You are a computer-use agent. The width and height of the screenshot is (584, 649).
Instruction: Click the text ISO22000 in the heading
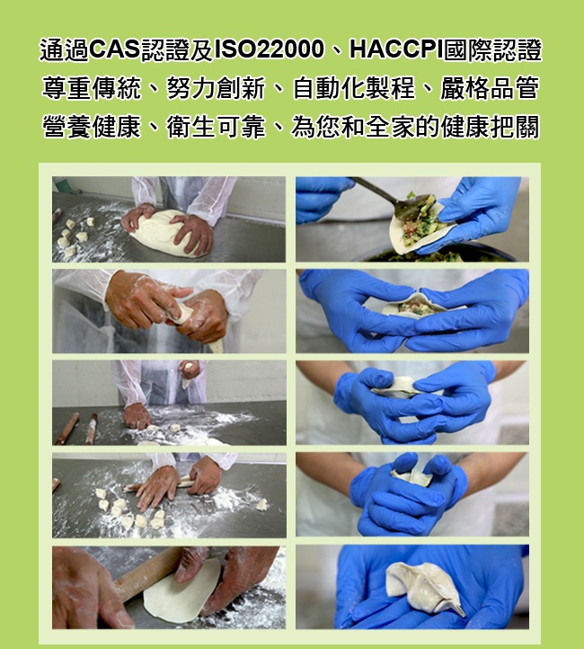click(x=269, y=50)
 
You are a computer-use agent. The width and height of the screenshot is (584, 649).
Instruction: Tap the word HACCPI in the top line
click(x=396, y=50)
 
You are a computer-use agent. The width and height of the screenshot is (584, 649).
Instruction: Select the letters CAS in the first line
click(x=115, y=50)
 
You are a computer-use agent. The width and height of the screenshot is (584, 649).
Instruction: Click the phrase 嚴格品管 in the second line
click(x=491, y=89)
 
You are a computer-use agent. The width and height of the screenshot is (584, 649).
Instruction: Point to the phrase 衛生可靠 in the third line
click(x=216, y=127)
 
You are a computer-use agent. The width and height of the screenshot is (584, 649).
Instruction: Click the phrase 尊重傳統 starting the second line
click(x=92, y=89)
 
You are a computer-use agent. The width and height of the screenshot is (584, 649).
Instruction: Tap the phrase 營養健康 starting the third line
click(x=92, y=127)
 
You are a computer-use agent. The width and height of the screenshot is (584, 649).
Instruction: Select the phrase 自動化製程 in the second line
click(x=353, y=89)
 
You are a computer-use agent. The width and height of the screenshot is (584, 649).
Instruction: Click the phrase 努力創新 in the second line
click(x=216, y=89)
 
